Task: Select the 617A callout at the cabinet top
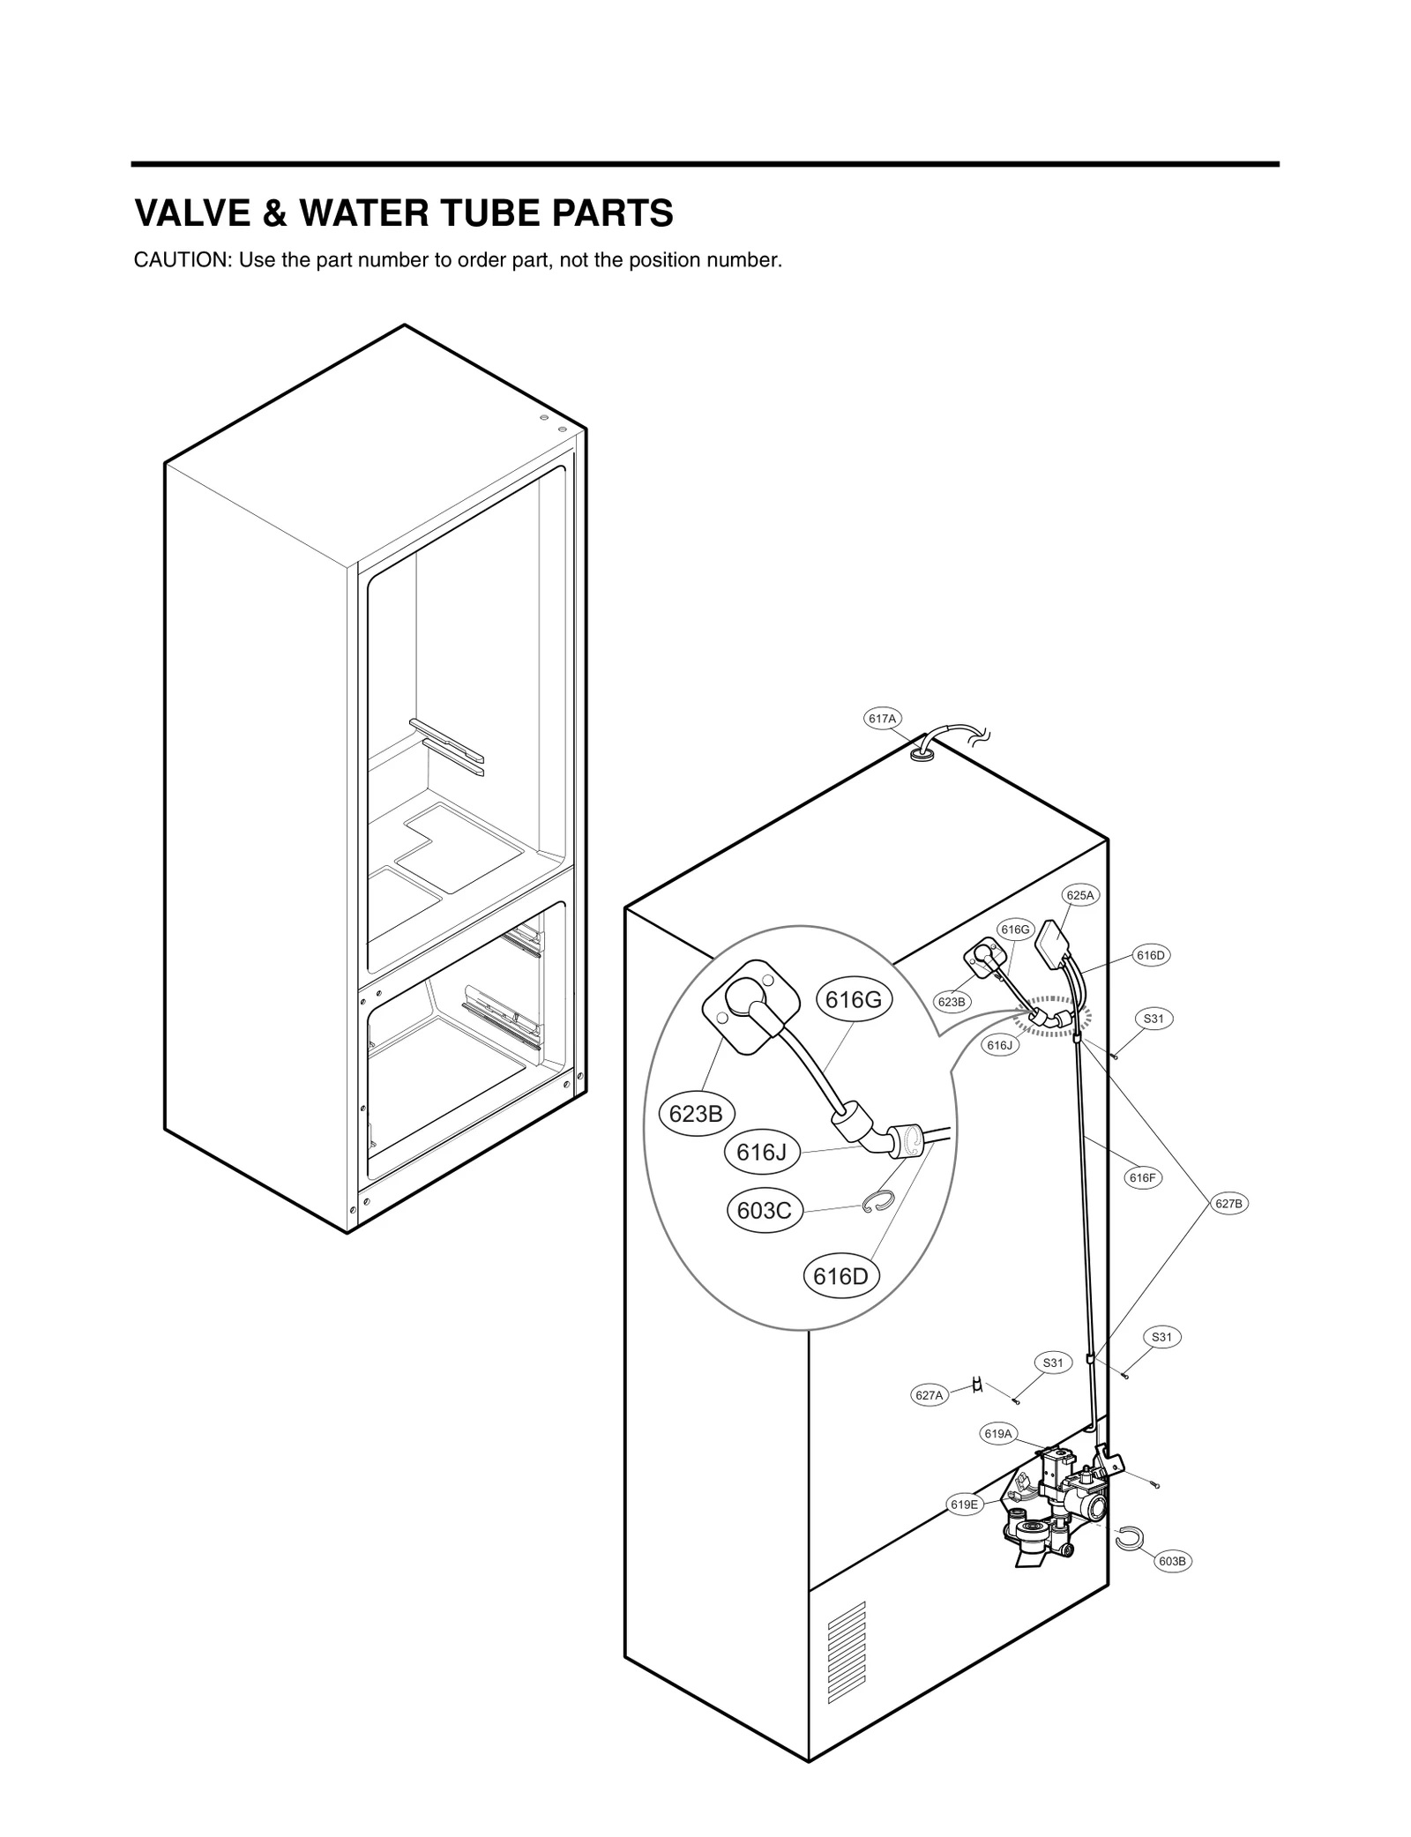coord(881,719)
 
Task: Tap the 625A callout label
coord(1079,894)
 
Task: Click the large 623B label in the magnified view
coord(696,1114)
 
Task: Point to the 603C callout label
coord(764,1211)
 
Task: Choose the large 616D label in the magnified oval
coord(841,1276)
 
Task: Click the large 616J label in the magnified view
coord(761,1152)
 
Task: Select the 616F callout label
coord(1142,1177)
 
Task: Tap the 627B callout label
coord(1228,1203)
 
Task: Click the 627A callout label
coord(929,1395)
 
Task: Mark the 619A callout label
coord(997,1434)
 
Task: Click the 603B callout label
coord(1173,1561)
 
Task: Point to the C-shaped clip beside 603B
coord(1128,1537)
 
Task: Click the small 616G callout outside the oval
coord(1014,929)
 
